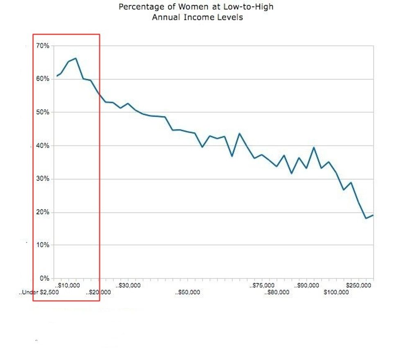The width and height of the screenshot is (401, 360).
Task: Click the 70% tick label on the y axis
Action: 43,46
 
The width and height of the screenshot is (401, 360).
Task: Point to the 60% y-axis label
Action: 43,79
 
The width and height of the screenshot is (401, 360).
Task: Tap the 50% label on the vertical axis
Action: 43,112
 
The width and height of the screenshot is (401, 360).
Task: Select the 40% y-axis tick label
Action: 43,146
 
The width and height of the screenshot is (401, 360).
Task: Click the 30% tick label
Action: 43,179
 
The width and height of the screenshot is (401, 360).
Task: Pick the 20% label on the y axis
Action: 43,212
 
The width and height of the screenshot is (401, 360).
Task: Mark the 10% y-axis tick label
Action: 43,245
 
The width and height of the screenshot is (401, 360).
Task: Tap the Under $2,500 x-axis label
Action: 40,292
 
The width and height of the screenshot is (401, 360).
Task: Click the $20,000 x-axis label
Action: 99,292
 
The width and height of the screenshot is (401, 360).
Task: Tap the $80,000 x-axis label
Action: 277,292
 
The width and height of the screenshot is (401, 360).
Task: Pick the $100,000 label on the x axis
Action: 336,292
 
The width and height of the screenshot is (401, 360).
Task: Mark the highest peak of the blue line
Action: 76,58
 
